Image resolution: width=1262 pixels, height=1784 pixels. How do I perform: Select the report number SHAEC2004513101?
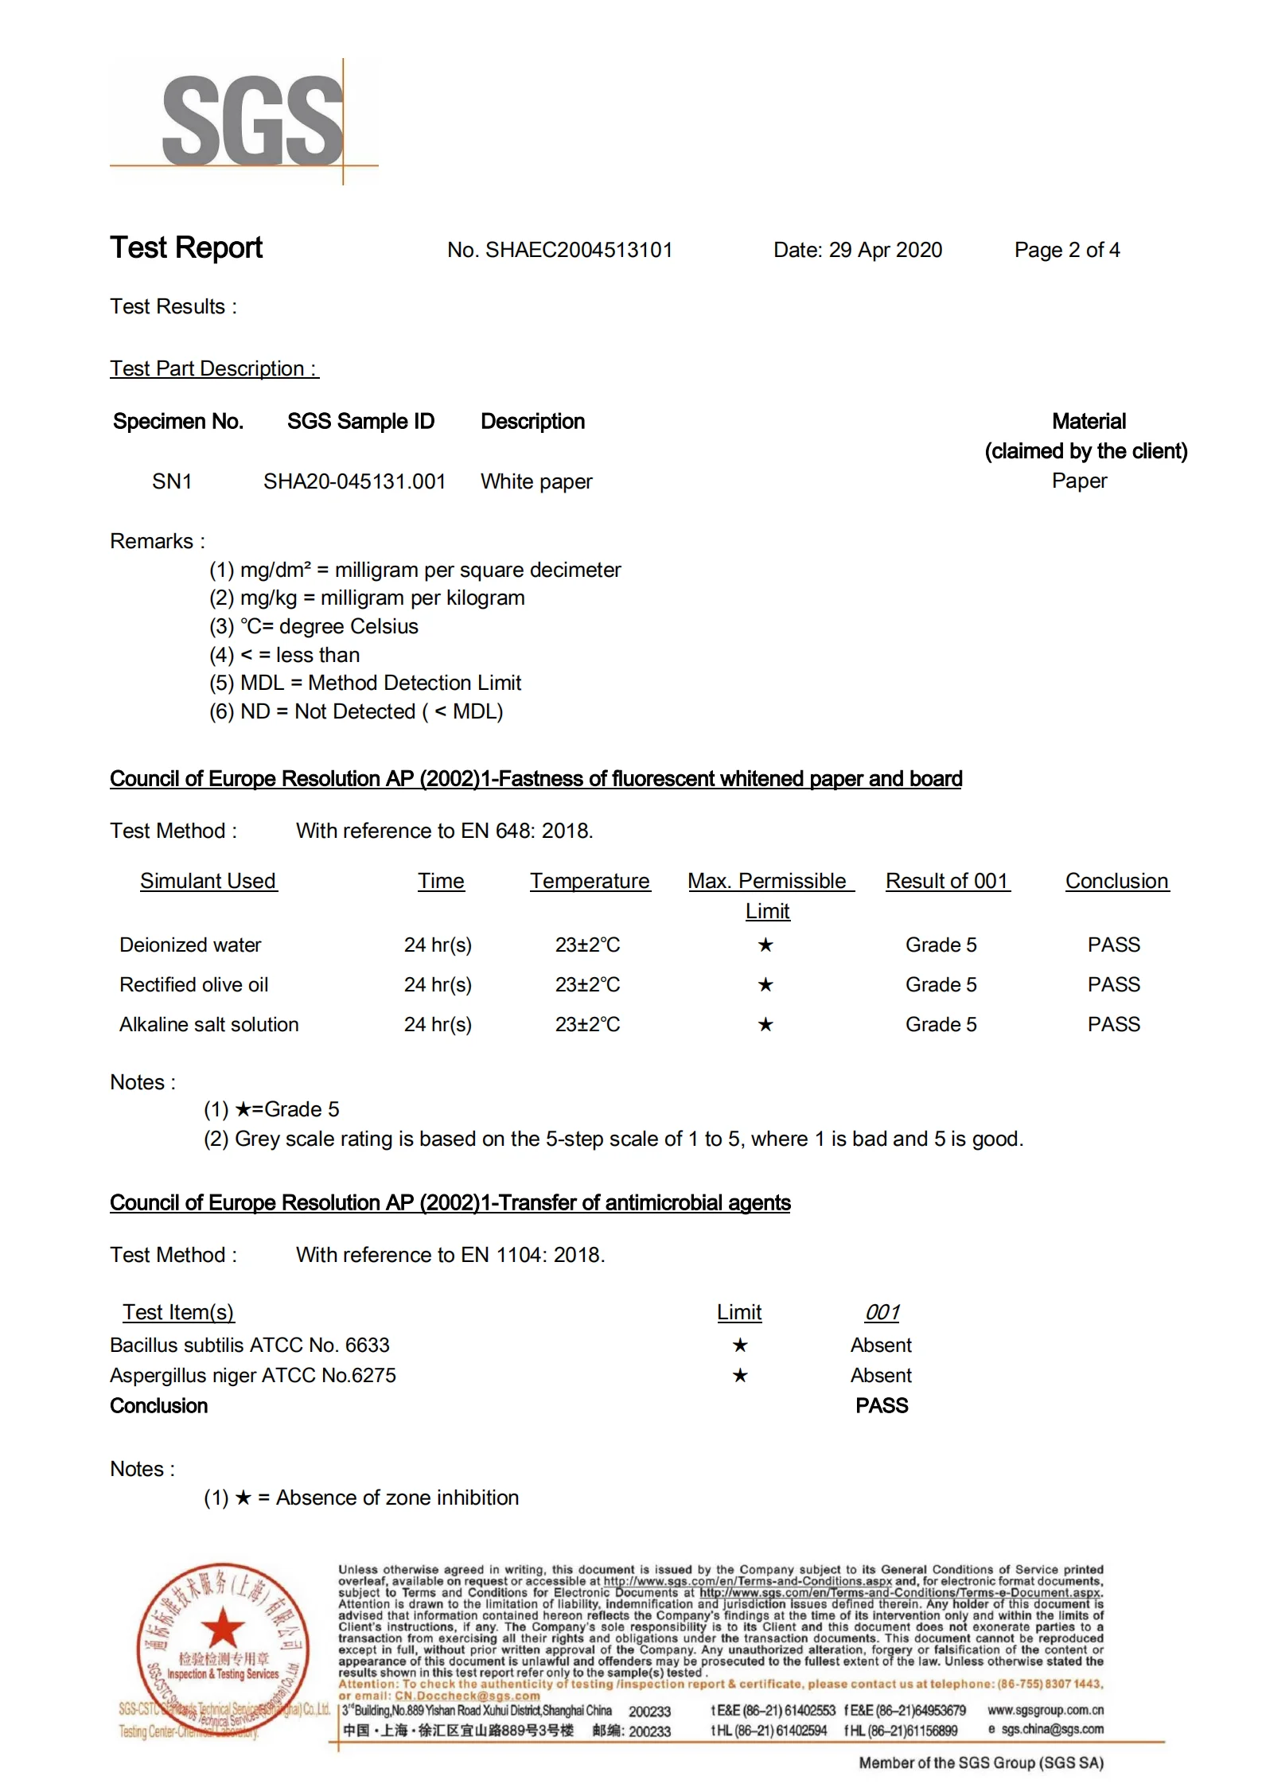578,251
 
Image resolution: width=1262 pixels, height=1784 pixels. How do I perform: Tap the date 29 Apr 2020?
885,251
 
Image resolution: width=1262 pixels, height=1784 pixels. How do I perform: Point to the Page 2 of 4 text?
1066,251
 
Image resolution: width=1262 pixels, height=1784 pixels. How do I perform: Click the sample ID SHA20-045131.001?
354,482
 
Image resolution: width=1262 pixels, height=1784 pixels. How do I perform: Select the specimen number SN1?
172,482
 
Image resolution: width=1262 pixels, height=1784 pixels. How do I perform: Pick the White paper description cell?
536,482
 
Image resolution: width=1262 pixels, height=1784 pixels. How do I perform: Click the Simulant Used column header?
208,882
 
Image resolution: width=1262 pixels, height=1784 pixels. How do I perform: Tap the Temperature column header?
590,882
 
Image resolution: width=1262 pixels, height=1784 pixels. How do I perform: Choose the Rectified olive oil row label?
193,985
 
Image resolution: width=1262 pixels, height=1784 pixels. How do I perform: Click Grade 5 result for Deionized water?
941,945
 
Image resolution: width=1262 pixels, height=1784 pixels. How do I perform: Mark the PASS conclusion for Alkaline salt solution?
1113,1025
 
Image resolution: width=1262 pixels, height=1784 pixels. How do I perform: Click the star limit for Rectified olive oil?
765,985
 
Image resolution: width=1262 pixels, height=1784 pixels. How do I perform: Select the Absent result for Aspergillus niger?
881,1376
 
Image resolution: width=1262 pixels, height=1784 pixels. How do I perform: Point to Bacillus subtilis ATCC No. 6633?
250,1346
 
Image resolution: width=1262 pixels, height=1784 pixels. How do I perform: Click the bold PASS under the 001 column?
882,1406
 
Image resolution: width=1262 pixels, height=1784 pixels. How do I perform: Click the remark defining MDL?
365,684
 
